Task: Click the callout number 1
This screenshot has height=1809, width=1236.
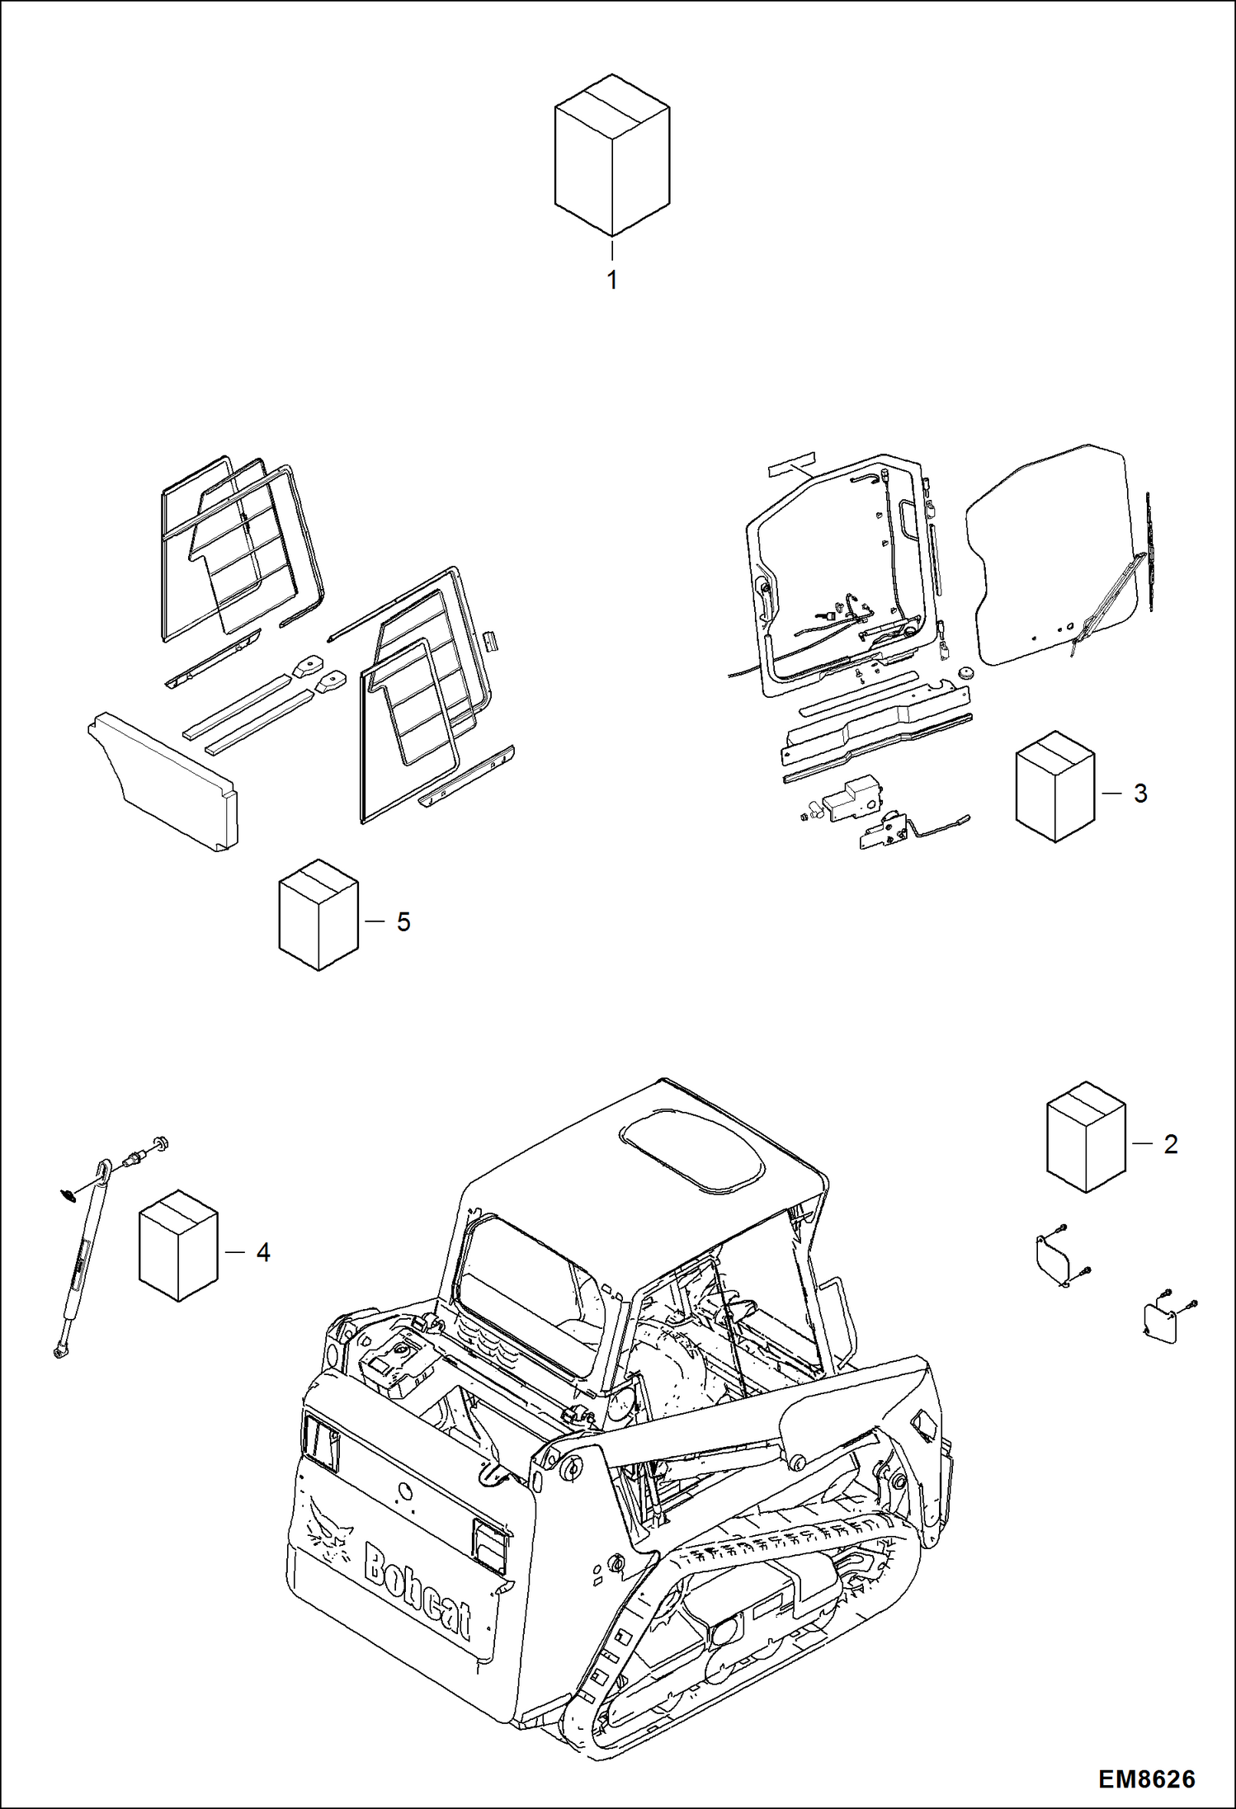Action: pyautogui.click(x=611, y=280)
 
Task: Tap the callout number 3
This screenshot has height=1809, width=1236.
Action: pyautogui.click(x=1140, y=794)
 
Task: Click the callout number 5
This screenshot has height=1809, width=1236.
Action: pyautogui.click(x=403, y=922)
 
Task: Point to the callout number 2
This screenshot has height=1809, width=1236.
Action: pyautogui.click(x=1170, y=1144)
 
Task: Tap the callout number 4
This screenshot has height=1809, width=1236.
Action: pyautogui.click(x=262, y=1253)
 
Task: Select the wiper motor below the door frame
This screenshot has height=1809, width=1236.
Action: pyautogui.click(x=851, y=799)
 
